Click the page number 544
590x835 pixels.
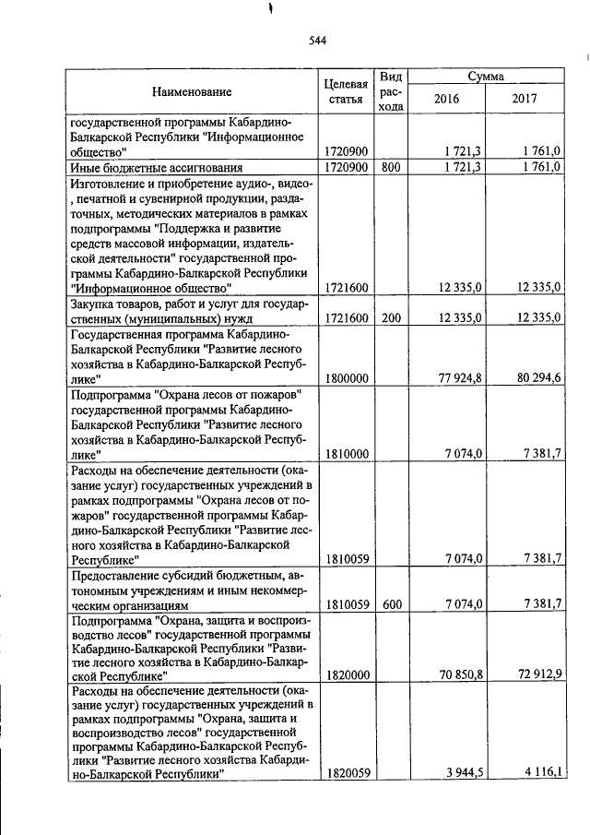317,40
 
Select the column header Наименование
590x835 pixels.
192,91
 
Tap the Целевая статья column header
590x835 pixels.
347,91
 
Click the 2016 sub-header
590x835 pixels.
444,99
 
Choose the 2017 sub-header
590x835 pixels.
524,99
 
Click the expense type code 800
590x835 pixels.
391,167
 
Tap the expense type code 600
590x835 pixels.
391,605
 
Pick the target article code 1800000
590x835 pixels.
347,378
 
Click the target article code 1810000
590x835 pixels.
347,453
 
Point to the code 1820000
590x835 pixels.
347,675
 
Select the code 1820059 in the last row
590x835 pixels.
347,776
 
